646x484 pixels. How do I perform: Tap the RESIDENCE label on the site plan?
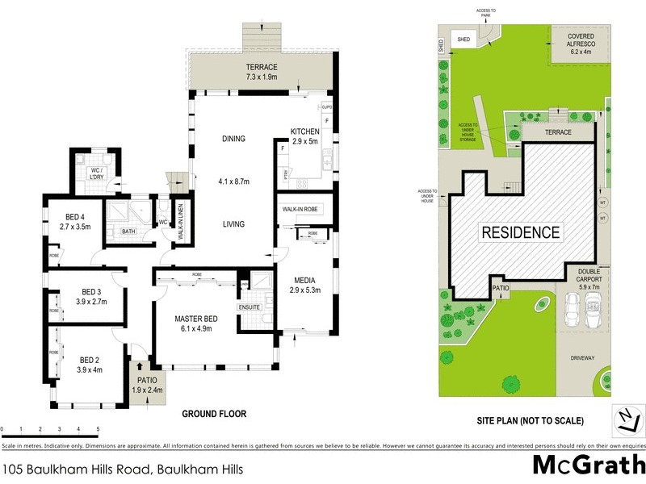click(x=521, y=232)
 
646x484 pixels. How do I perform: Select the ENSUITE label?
click(x=250, y=307)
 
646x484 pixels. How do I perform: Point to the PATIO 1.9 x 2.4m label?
click(x=146, y=386)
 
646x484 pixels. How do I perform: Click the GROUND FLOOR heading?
click(x=214, y=414)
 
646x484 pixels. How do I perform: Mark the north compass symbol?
click(x=627, y=419)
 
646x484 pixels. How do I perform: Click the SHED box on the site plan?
click(x=464, y=38)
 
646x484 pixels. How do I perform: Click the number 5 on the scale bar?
click(x=98, y=429)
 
